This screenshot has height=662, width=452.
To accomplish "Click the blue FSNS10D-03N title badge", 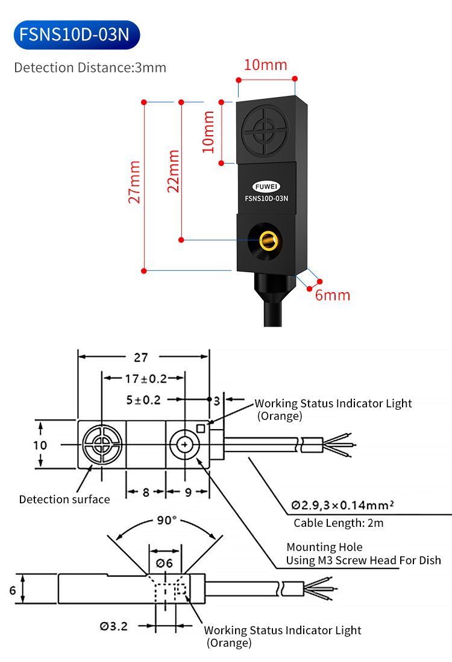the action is click(77, 34).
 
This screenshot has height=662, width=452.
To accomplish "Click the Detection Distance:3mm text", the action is click(90, 68).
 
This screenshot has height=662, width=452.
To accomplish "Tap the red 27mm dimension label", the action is click(134, 182).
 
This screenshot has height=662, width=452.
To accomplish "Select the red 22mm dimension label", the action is click(174, 171).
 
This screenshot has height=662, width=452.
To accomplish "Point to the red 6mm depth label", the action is click(333, 295).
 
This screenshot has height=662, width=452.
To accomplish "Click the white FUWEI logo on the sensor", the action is click(266, 186).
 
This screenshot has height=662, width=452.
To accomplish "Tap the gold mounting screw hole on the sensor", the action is click(268, 241).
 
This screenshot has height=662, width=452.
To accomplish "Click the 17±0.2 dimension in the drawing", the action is click(146, 379).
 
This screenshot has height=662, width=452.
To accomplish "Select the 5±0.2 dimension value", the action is click(143, 400).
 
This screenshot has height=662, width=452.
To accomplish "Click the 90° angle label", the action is click(167, 520).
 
